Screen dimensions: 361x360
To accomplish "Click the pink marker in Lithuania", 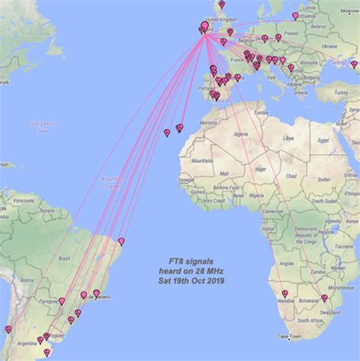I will tap(295, 16).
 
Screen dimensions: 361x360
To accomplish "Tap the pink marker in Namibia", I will tap(285, 293).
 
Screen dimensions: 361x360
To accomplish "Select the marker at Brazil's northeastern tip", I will tap(121, 242).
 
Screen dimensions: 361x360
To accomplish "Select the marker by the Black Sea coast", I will tap(353, 65).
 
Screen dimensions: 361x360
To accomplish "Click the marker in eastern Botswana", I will tap(324, 299).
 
